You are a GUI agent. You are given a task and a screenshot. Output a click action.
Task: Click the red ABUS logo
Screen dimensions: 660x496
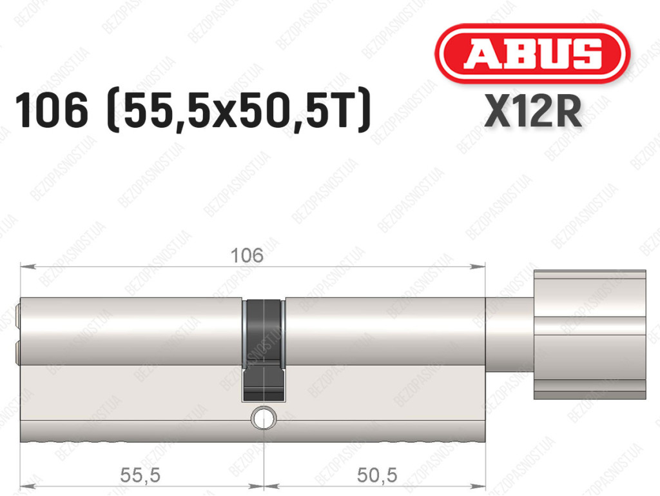[x=532, y=54]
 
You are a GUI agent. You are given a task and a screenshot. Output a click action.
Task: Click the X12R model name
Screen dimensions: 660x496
[x=533, y=111]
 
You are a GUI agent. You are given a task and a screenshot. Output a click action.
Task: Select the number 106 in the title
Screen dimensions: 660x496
[x=52, y=110]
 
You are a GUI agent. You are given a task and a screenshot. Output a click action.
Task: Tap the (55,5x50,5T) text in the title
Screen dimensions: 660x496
[x=239, y=110]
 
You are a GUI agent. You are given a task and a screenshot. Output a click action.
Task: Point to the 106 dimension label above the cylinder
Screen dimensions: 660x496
[x=247, y=255]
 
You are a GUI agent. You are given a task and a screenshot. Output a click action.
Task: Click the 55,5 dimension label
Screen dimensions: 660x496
[x=140, y=475]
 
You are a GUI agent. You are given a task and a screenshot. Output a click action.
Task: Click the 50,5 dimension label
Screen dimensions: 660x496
[x=376, y=475]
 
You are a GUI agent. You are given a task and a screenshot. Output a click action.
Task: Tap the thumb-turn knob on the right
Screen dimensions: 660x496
[x=590, y=335]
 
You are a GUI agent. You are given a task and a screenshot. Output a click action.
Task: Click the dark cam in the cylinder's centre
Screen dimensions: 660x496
[x=263, y=350]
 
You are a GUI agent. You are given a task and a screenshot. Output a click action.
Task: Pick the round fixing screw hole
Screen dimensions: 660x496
[x=264, y=418]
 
